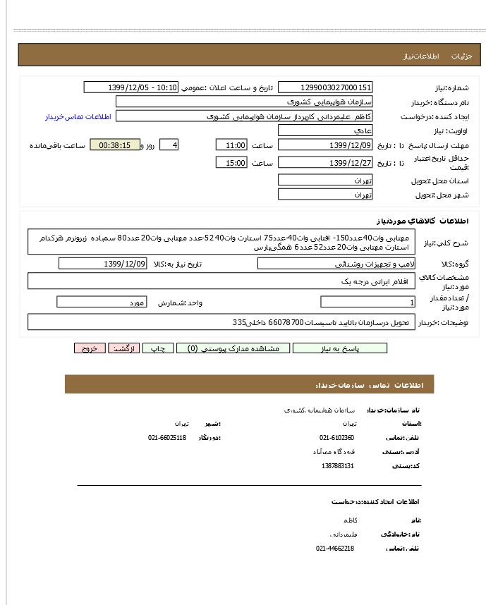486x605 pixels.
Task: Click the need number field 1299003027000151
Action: point(325,87)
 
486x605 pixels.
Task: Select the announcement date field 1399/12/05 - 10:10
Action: point(131,87)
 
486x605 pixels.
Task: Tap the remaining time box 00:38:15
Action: point(115,145)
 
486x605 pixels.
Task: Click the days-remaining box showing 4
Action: point(169,145)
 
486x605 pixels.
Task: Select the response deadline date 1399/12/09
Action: point(325,145)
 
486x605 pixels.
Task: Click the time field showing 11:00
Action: point(231,145)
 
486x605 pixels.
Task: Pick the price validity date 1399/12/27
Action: point(325,164)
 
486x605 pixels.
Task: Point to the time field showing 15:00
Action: point(231,164)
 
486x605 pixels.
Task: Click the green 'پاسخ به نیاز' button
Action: point(340,348)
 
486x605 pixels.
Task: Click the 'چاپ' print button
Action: point(159,348)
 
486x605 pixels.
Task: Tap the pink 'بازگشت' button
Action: point(124,348)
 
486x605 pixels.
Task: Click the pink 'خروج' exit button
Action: point(90,348)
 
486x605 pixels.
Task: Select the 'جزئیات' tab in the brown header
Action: point(461,56)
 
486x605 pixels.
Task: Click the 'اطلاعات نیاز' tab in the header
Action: point(421,56)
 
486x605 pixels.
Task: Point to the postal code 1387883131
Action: point(337,466)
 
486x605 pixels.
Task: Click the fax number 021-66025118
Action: point(167,438)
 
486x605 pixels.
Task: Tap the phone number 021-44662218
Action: point(335,549)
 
